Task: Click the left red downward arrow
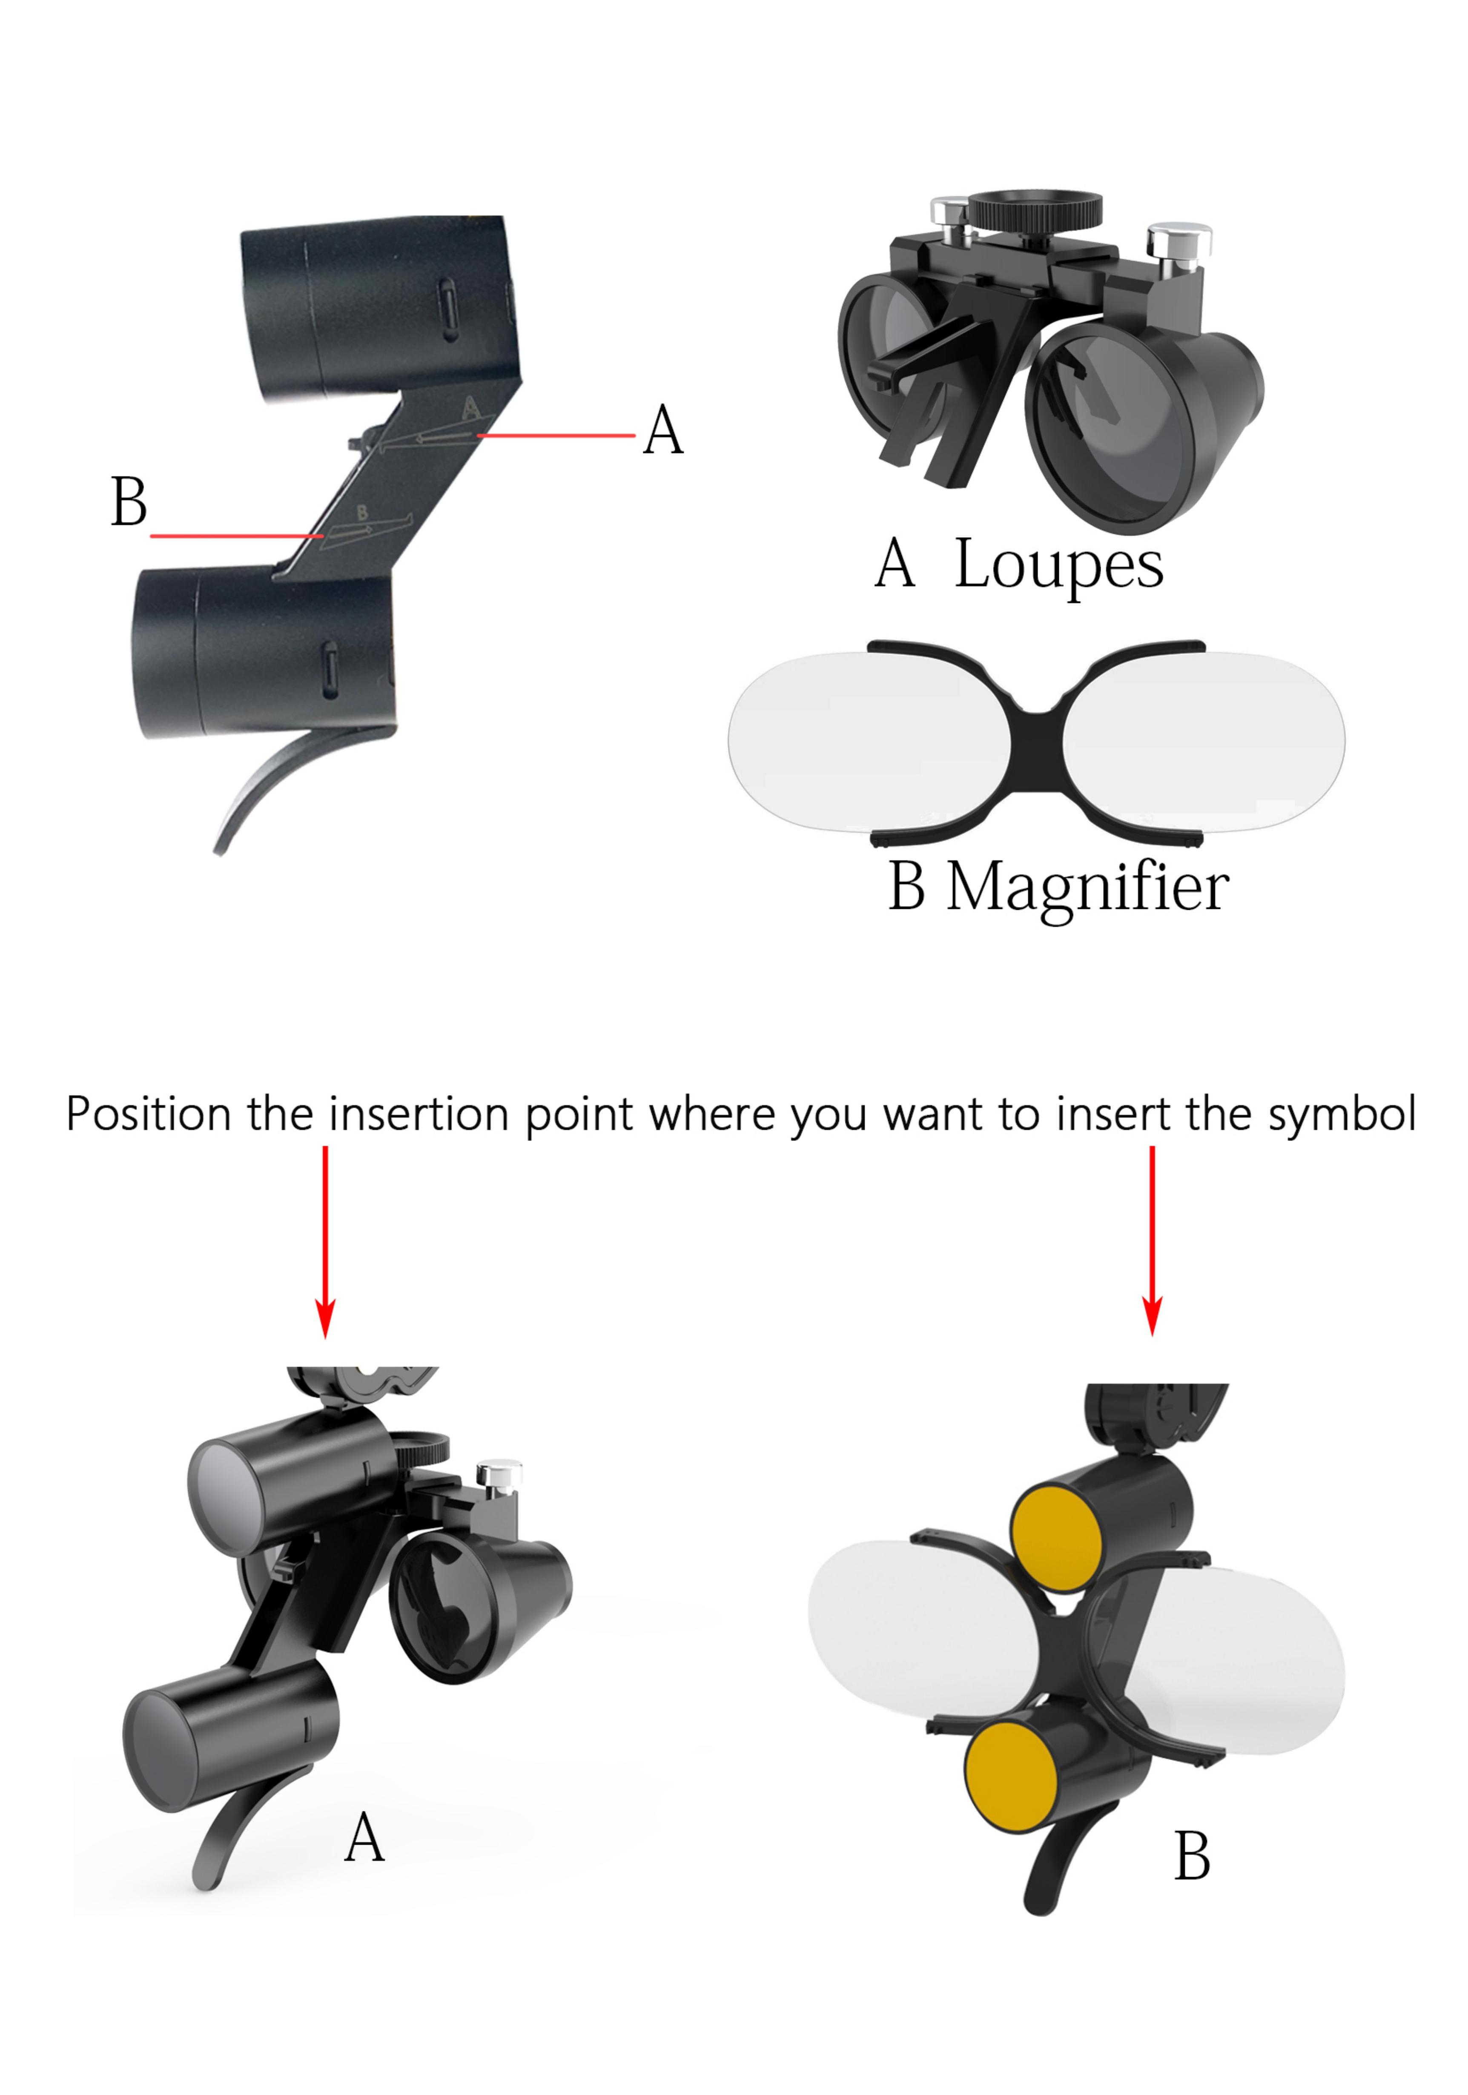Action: [x=325, y=1241]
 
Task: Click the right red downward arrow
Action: [x=1153, y=1241]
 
